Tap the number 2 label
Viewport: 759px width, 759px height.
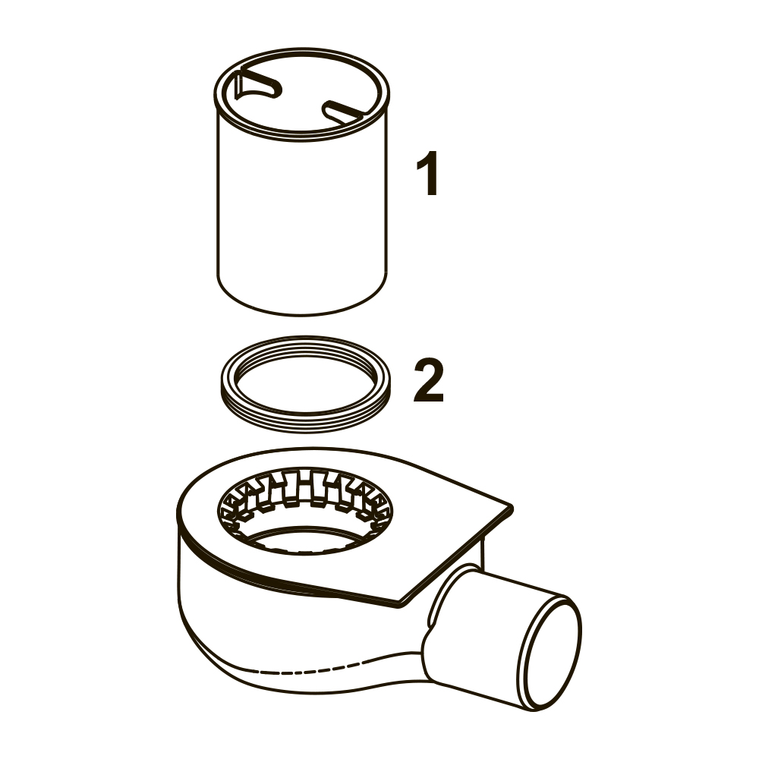coord(428,380)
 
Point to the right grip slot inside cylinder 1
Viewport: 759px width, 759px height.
coord(345,112)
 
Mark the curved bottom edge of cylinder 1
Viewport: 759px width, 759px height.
coord(301,315)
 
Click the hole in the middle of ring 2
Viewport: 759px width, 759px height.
coord(306,385)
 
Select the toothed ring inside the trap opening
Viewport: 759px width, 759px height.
coord(305,489)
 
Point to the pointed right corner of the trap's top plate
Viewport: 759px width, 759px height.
coord(511,507)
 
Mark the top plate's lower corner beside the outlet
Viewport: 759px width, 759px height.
coord(402,604)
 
